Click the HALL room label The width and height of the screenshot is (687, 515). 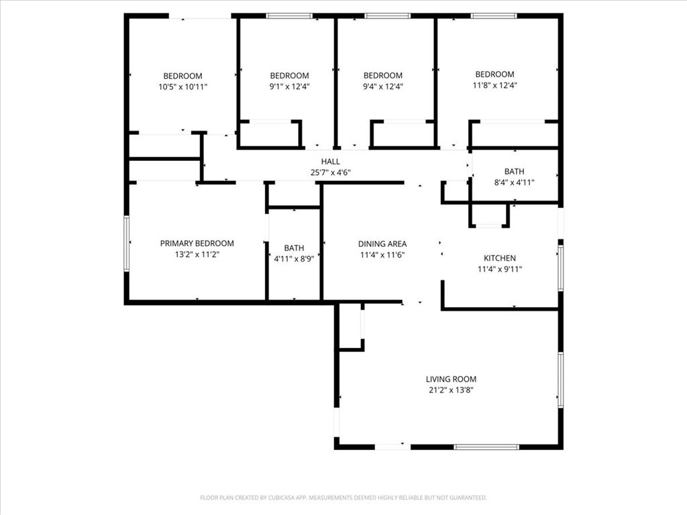(330, 162)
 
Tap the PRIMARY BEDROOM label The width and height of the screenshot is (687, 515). (197, 243)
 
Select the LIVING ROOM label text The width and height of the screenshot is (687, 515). (451, 380)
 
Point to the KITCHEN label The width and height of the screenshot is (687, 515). (499, 258)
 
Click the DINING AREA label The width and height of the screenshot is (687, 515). (382, 244)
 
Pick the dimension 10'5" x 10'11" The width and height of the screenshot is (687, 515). (182, 87)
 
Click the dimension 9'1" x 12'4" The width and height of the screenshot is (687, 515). (289, 87)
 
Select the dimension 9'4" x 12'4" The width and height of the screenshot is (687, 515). (383, 87)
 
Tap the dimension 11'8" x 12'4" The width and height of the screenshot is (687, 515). (494, 85)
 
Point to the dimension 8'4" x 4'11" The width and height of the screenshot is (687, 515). (514, 182)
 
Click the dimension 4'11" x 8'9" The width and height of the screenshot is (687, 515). (294, 259)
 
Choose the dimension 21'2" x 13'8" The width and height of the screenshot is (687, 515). (451, 390)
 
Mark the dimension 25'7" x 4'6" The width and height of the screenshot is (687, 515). (330, 172)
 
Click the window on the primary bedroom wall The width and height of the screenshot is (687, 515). (126, 243)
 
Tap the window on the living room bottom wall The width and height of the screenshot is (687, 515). (486, 447)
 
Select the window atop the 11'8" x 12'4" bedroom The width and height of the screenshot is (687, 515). (494, 16)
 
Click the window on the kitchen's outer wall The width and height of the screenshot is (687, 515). (560, 268)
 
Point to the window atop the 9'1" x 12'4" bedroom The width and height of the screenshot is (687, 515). (289, 16)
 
